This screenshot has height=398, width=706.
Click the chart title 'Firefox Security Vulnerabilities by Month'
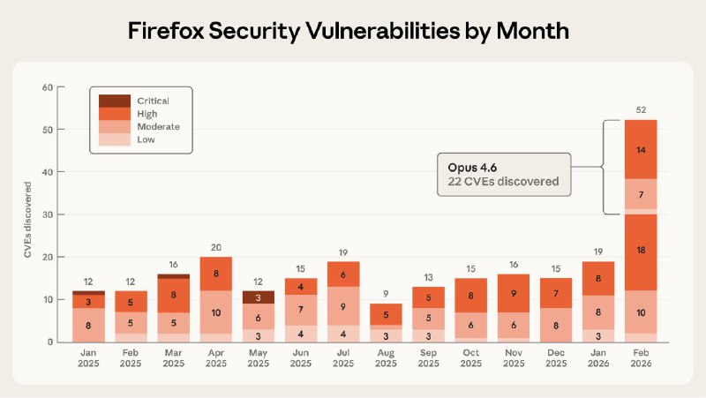pos(352,31)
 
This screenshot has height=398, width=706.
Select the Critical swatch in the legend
pos(114,101)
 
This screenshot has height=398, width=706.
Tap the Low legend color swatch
pos(114,139)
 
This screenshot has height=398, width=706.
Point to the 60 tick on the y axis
pos(49,87)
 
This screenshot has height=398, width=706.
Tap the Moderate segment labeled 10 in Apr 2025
pos(217,312)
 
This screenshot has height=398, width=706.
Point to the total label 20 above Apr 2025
pos(217,247)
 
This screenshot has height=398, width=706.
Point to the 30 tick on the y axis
pos(49,214)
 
